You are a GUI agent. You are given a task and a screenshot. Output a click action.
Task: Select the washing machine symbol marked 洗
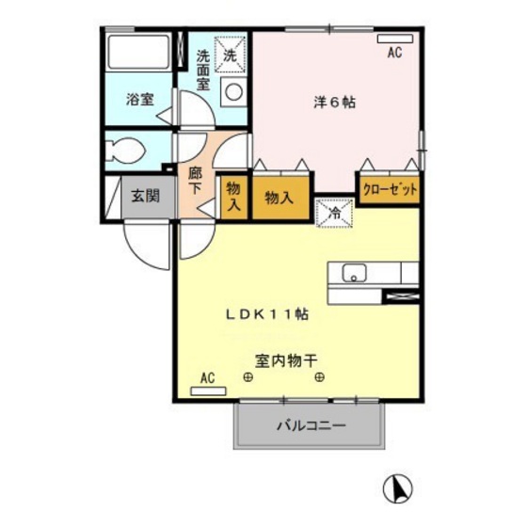(x=230, y=54)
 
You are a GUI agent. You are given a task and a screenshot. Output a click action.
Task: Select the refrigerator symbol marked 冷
(x=334, y=213)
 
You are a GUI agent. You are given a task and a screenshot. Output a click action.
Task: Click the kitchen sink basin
(x=355, y=274)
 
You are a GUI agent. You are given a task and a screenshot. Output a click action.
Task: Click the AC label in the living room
(x=208, y=377)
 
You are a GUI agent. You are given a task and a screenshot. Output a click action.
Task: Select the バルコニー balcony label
(x=311, y=425)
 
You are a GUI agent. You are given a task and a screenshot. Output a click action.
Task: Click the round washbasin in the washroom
(x=232, y=92)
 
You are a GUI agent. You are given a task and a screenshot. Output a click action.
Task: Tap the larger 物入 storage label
(x=279, y=198)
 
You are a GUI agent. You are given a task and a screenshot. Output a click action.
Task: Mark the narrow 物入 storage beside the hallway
(x=233, y=197)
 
